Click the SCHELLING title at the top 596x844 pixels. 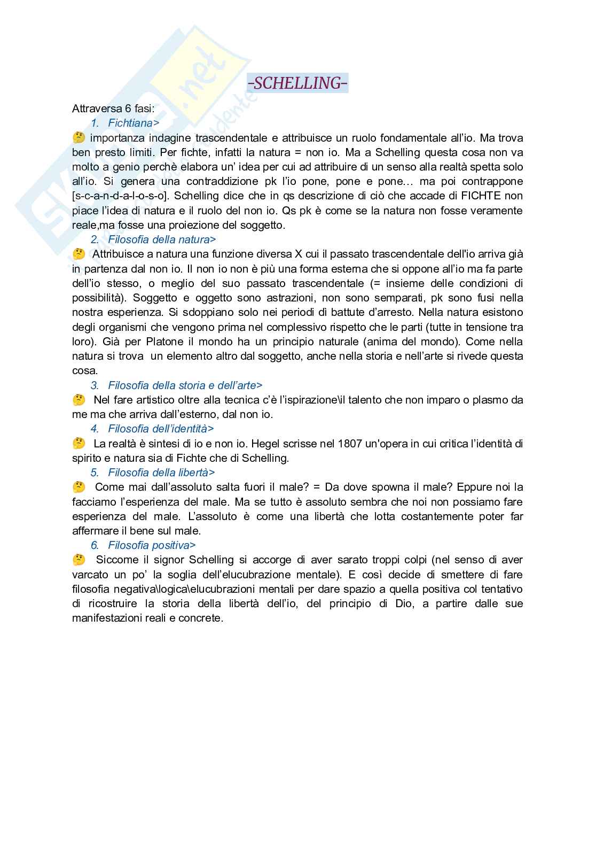click(298, 83)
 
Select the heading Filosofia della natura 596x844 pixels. click(162, 239)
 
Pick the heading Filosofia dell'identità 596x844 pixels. click(161, 429)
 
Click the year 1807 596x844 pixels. click(349, 444)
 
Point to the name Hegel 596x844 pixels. click(265, 444)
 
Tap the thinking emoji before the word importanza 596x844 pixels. click(79, 138)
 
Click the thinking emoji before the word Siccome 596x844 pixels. click(79, 560)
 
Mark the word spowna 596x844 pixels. click(391, 487)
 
